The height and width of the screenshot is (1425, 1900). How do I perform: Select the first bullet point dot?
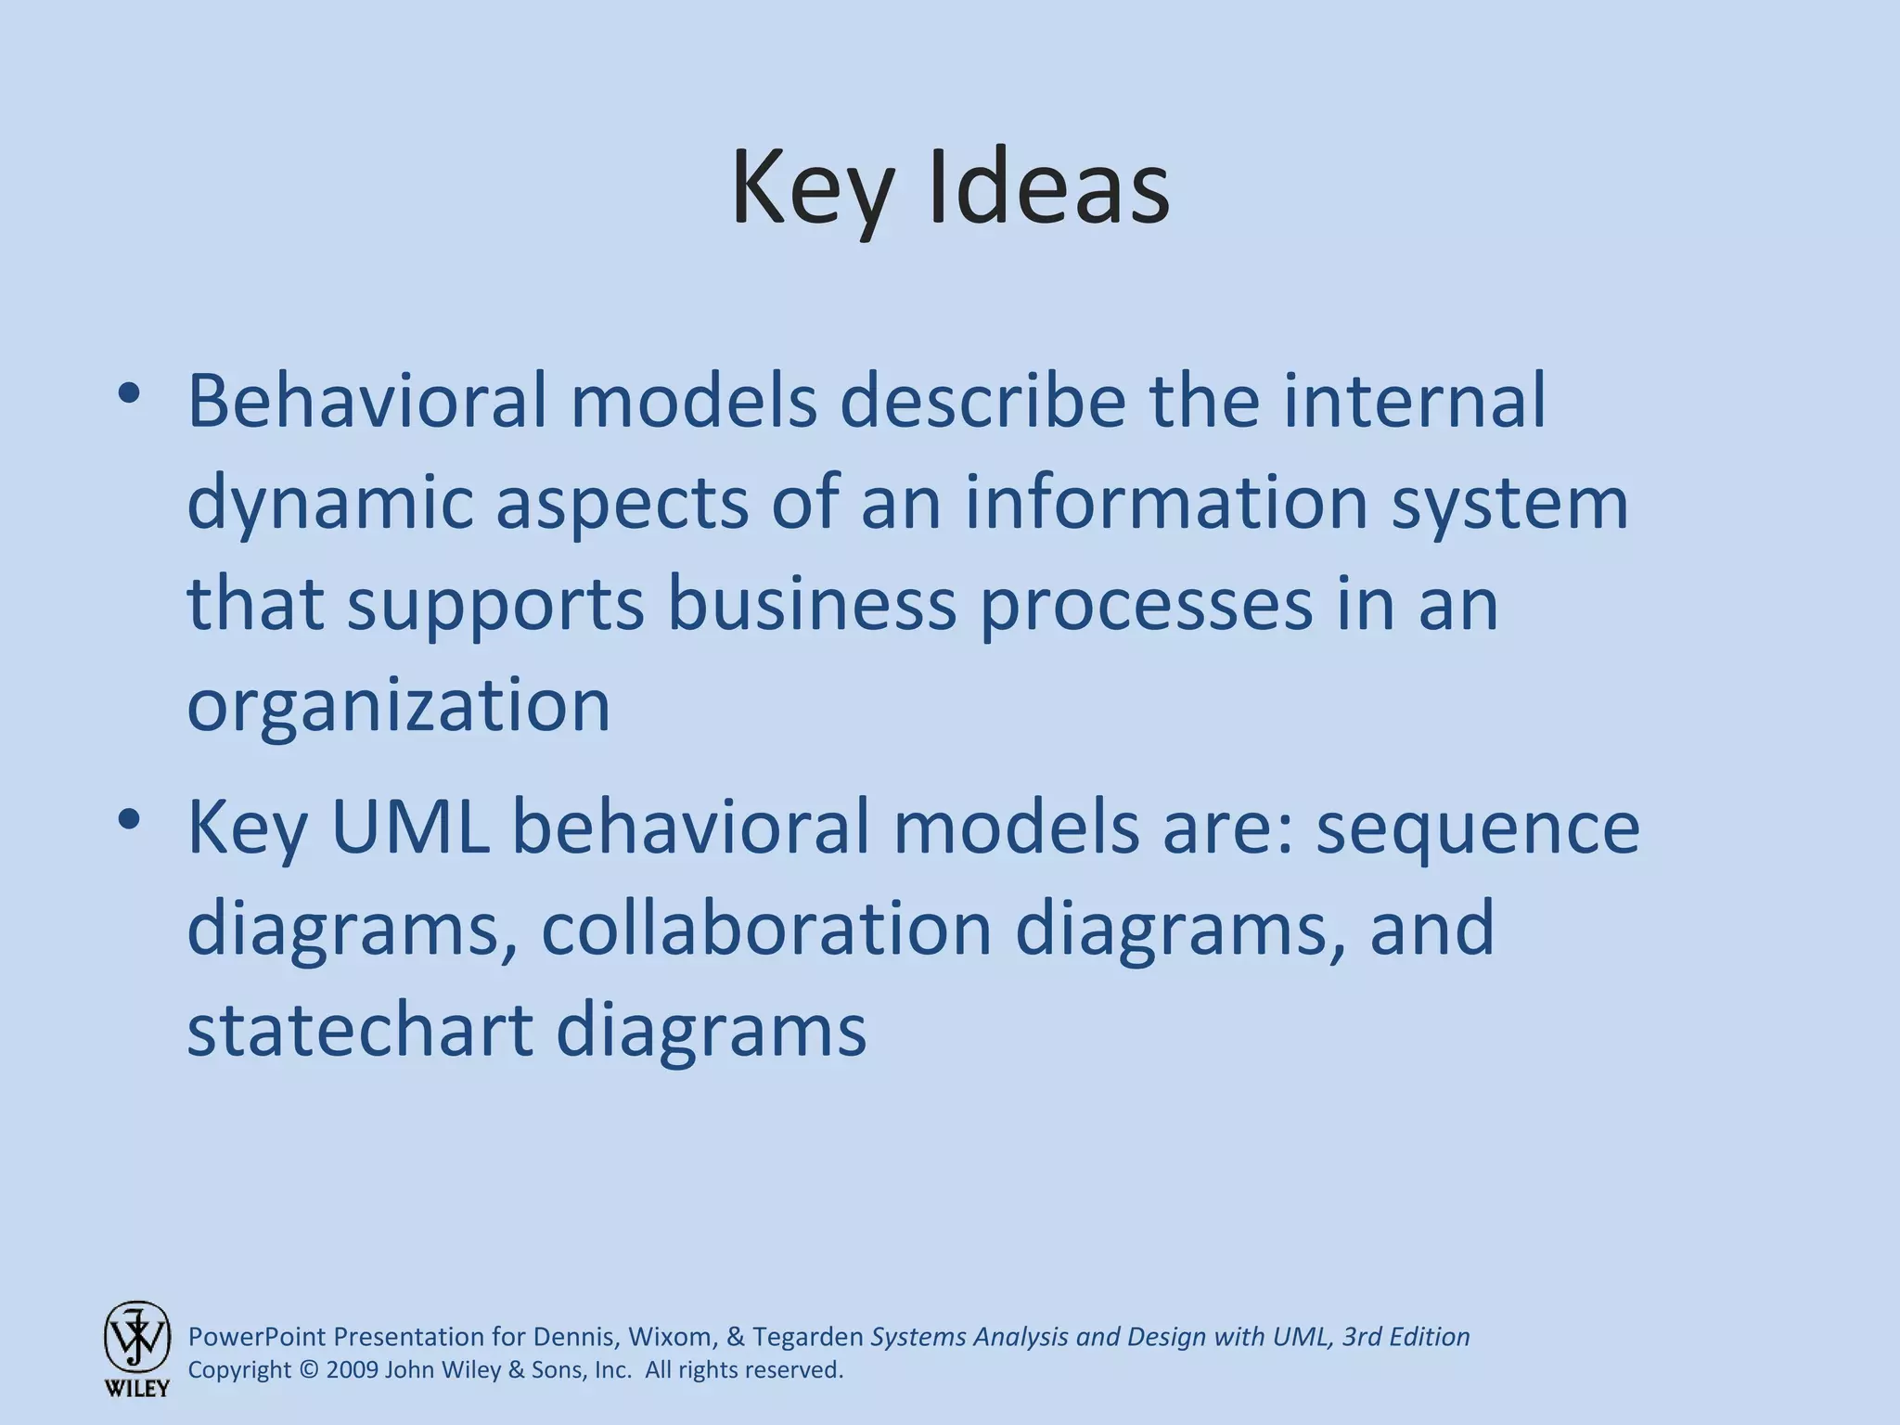pos(129,393)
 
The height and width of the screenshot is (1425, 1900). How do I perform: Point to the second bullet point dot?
pos(129,819)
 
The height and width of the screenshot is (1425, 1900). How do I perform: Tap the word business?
pos(812,604)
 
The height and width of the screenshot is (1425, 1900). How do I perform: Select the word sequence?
pos(1478,828)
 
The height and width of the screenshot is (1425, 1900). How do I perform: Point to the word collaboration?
pos(766,929)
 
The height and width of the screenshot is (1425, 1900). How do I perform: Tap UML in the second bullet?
pos(410,827)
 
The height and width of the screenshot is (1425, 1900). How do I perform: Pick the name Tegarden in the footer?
pos(808,1337)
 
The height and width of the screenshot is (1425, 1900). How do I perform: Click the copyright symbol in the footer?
pos(309,1370)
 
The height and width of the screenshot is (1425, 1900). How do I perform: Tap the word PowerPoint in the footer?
pos(257,1337)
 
